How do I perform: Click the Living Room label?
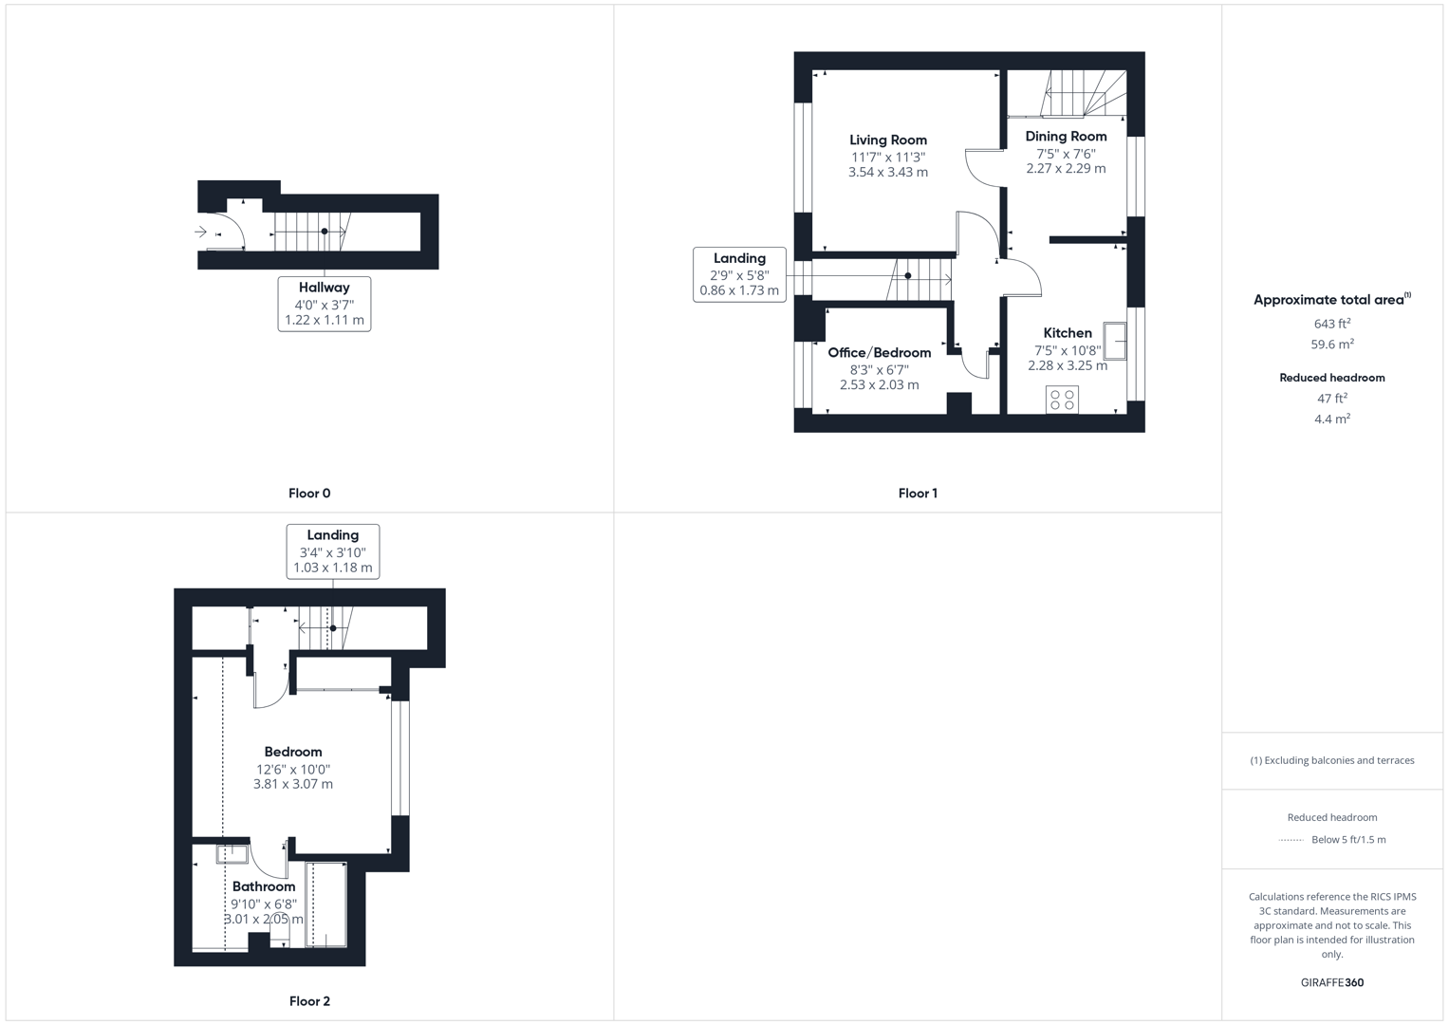(x=887, y=140)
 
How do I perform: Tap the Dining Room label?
(x=1066, y=137)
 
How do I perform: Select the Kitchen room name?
(x=1068, y=333)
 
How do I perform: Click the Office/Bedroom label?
(x=879, y=353)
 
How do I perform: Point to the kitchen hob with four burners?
(x=1062, y=400)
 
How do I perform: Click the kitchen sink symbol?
(x=1116, y=342)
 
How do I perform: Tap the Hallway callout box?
(x=325, y=304)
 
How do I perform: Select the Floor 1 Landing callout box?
(x=739, y=274)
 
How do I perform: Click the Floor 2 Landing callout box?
(x=333, y=551)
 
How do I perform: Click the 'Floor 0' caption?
(x=309, y=494)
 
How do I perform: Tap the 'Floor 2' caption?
(x=309, y=1001)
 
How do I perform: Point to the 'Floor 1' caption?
(x=918, y=494)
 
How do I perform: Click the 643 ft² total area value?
(x=1332, y=325)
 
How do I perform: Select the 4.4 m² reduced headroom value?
(x=1332, y=419)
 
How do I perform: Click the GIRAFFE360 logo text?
(x=1332, y=983)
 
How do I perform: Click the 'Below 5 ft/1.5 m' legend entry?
(x=1347, y=840)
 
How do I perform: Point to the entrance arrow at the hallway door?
(x=200, y=232)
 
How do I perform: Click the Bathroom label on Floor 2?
(x=264, y=887)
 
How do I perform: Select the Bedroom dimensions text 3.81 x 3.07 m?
(x=293, y=785)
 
